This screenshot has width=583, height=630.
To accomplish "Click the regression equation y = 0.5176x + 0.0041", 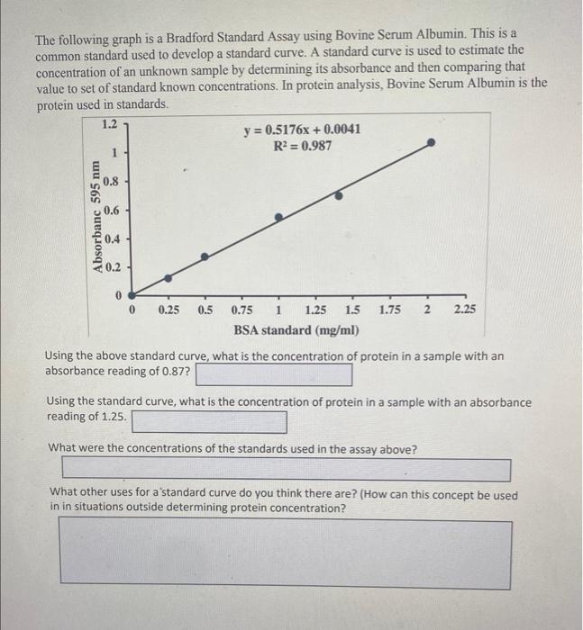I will pos(303,130).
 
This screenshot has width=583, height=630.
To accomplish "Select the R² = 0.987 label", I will pos(303,145).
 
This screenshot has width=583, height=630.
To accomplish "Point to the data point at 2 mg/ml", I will pos(433,142).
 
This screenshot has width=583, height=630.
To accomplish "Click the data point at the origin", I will pos(132,294).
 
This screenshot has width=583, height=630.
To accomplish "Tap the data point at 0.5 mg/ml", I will pos(205,256).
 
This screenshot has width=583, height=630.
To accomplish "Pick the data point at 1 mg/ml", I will pos(278,217).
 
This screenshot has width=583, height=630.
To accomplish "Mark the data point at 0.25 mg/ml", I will pos(168,278).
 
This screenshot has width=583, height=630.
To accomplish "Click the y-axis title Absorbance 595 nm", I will pos(94,217).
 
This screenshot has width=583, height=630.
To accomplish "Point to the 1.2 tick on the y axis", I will pos(109,122).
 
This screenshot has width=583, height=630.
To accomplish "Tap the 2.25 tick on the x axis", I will pos(466,310).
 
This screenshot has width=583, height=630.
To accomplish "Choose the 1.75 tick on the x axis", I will pos(390,310).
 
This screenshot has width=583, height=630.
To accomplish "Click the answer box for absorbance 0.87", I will pos(273,373).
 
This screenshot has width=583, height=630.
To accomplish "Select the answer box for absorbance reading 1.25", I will pos(209,421).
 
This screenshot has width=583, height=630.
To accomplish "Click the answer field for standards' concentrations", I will pos(286,470).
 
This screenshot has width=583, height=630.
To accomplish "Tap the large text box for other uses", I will pos(286,554).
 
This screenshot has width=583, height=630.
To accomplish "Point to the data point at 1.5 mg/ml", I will pos(339,194).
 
